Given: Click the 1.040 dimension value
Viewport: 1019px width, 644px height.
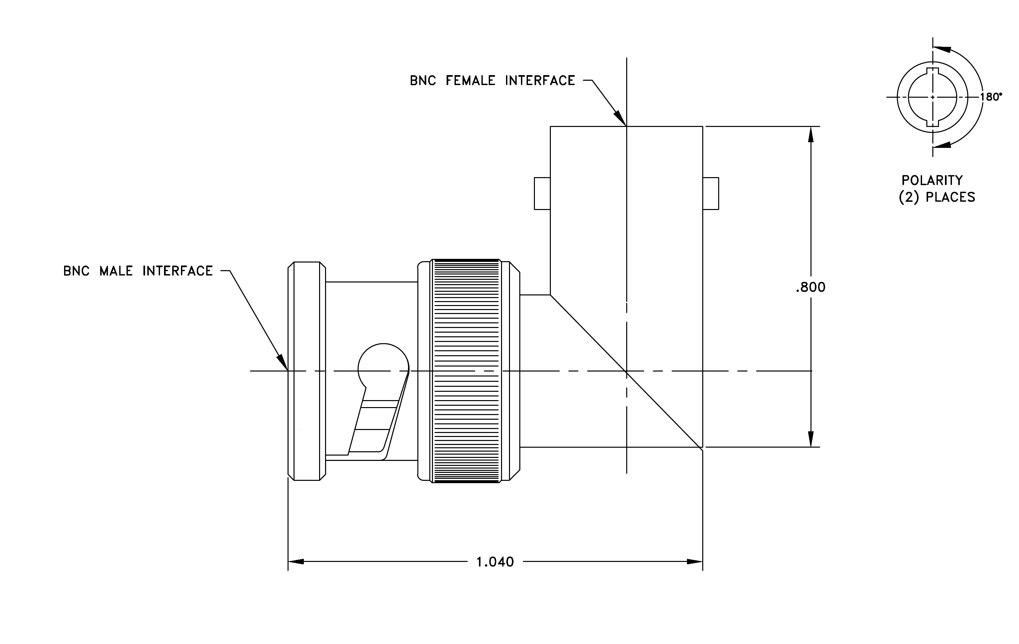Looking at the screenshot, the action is click(495, 562).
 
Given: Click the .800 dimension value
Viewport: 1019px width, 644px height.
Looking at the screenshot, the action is click(810, 287).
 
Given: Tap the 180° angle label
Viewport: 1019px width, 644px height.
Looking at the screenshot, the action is click(991, 97).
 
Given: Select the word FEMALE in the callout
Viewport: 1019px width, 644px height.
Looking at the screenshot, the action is click(470, 80).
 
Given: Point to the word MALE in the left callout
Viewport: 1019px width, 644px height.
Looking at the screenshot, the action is click(116, 271).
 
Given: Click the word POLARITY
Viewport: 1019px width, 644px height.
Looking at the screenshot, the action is click(932, 180).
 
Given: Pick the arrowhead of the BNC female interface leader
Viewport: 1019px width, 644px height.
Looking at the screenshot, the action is click(621, 119).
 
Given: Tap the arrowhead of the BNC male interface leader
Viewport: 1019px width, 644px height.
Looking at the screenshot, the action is click(283, 363).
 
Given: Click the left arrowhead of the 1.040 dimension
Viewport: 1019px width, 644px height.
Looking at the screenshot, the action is click(296, 562).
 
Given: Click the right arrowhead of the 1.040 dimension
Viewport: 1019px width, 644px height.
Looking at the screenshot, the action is click(695, 562).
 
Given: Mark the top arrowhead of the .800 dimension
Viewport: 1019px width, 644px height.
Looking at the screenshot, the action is click(811, 134).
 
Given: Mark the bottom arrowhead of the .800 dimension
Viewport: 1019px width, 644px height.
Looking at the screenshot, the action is click(811, 439).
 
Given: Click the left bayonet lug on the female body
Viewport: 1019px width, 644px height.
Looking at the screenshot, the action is click(542, 193).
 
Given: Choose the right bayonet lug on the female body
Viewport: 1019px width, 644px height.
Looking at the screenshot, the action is click(711, 193).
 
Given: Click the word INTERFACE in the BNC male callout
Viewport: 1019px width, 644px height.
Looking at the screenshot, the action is click(178, 271).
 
